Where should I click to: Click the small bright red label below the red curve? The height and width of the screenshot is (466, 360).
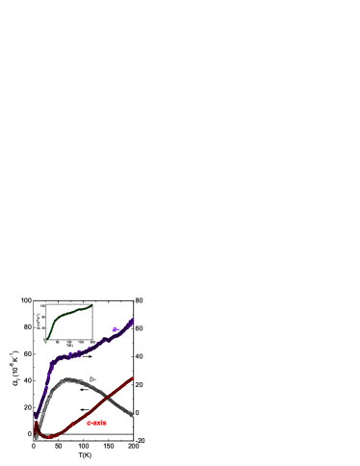pos(96,423)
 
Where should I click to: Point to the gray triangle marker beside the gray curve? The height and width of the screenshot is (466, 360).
pos(92,378)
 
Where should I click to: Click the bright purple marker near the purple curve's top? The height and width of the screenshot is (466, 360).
pos(116,330)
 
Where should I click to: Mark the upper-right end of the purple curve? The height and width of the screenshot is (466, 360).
pos(134,319)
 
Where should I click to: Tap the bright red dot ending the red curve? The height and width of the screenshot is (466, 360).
pos(133,378)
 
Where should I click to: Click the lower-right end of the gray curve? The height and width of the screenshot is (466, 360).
pos(132,415)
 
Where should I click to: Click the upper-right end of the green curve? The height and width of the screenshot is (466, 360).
pos(91,306)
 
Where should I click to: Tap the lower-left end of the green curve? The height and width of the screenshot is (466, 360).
pos(47,339)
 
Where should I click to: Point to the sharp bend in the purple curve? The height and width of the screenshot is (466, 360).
pos(52,362)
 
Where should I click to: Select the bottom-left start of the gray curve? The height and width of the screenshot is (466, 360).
pos(37,436)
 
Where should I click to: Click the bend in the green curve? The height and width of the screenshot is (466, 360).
pos(59,315)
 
